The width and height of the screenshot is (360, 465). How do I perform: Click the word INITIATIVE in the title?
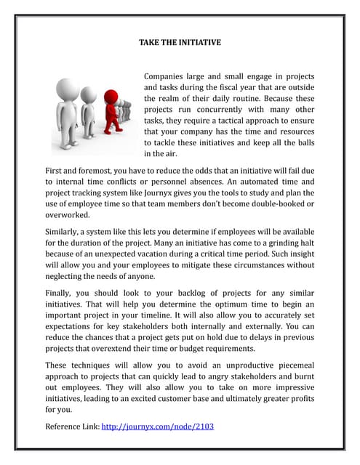click(197, 43)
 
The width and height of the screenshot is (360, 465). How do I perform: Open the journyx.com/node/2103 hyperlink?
click(157, 426)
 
